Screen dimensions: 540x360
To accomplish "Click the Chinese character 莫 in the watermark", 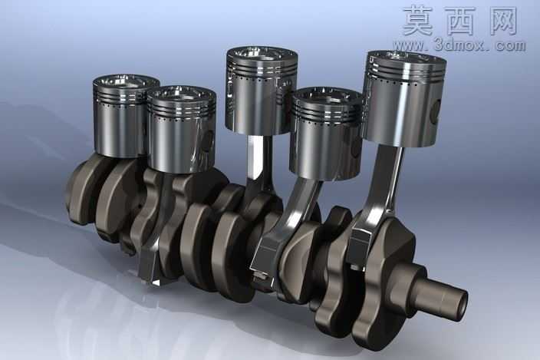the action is click(418, 20).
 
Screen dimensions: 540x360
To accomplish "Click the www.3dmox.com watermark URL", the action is click(459, 45).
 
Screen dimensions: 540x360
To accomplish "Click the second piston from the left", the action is click(182, 128).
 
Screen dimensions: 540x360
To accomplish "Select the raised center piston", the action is click(261, 91).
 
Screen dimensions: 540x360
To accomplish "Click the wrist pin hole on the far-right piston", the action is click(436, 112).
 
